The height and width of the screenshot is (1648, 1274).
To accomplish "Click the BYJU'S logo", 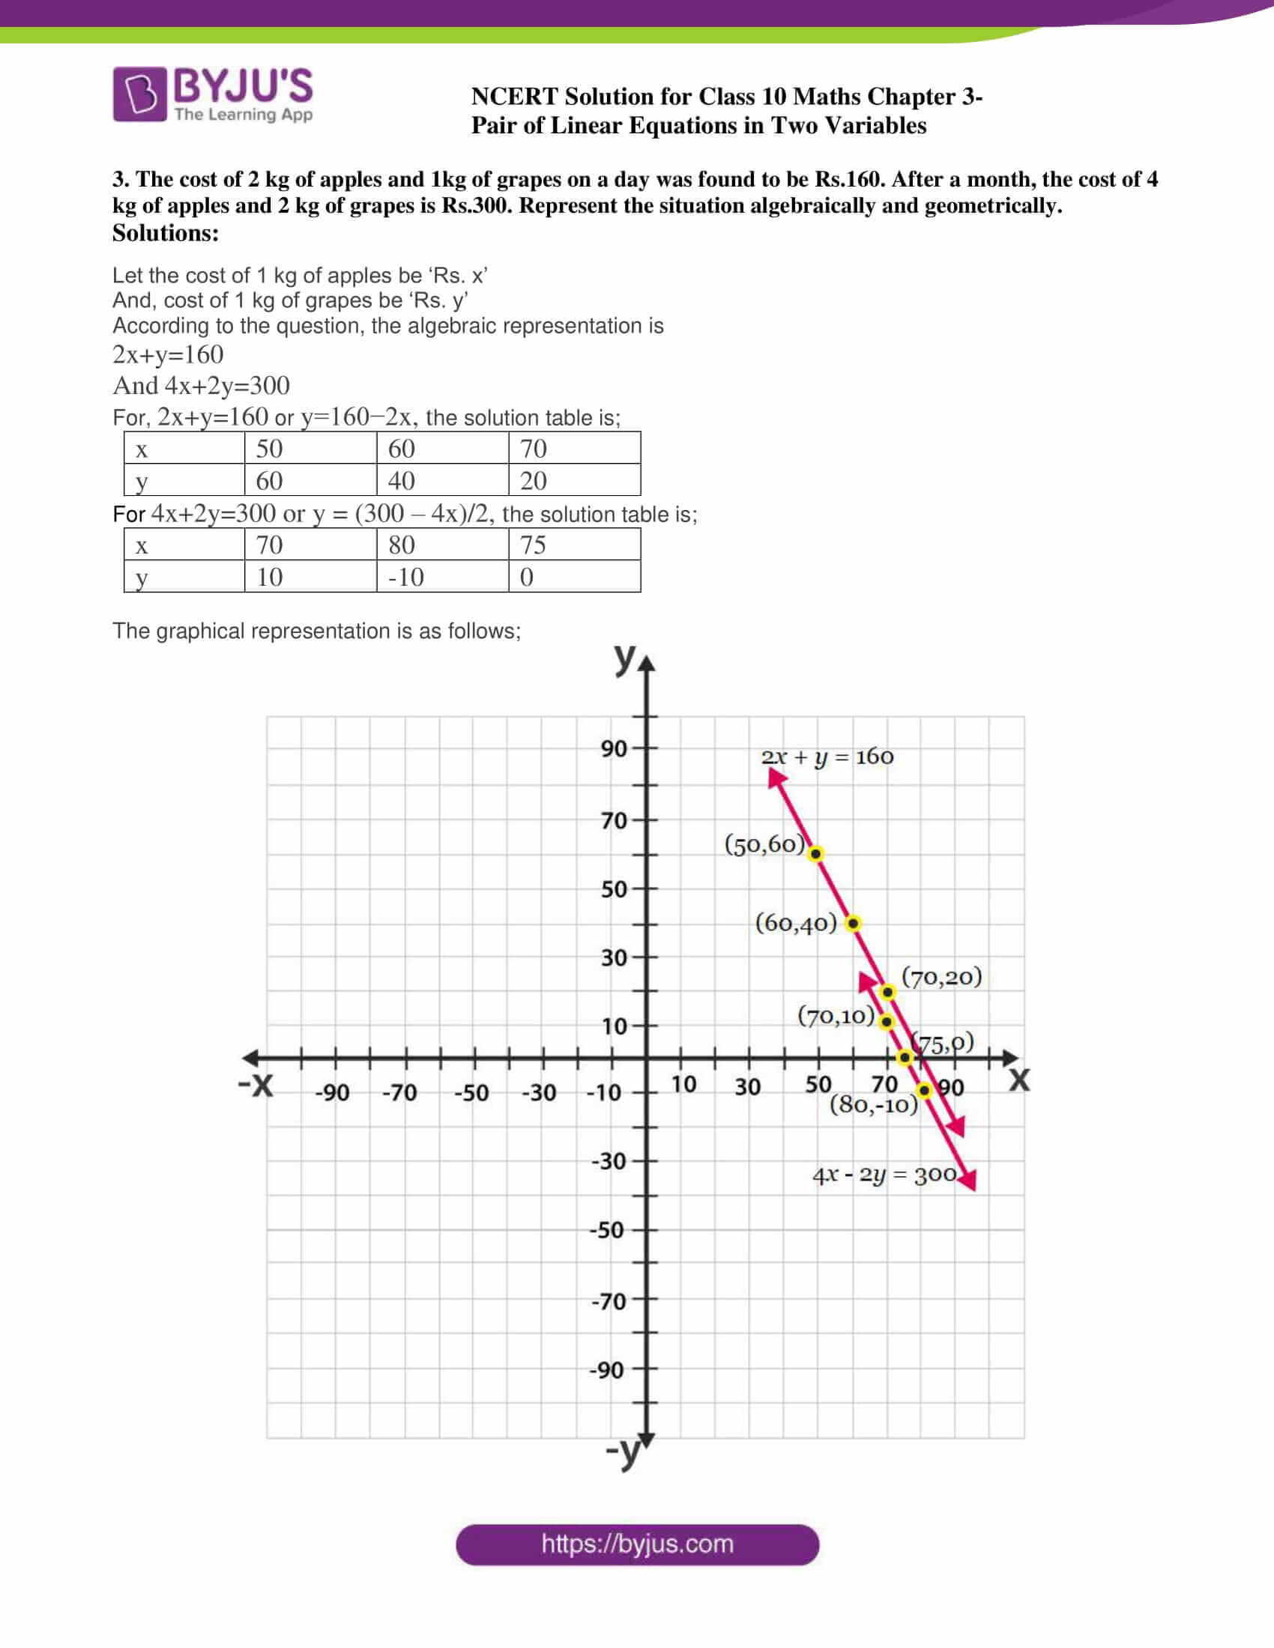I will pyautogui.click(x=213, y=94).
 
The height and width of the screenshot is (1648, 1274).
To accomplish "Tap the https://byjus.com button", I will pyautogui.click(x=637, y=1544).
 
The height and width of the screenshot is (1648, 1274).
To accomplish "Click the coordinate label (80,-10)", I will pyautogui.click(x=873, y=1105).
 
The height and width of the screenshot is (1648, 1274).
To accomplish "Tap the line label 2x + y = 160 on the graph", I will pyautogui.click(x=827, y=756).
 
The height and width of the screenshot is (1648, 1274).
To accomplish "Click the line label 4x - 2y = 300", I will pyautogui.click(x=884, y=1175).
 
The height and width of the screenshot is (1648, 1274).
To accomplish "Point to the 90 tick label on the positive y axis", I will pyautogui.click(x=614, y=748).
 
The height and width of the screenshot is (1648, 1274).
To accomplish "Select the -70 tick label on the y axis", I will pyautogui.click(x=609, y=1301).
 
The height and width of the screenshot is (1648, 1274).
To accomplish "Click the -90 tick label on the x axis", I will pyautogui.click(x=332, y=1093).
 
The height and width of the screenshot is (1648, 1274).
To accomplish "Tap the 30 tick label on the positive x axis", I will pyautogui.click(x=747, y=1088).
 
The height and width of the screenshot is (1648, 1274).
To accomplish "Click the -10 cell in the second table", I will pyautogui.click(x=441, y=577).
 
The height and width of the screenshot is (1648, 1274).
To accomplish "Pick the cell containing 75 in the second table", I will pyautogui.click(x=573, y=545).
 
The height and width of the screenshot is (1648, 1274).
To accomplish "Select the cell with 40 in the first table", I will pyautogui.click(x=441, y=481).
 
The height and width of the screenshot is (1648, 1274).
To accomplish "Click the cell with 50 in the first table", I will pyautogui.click(x=310, y=449).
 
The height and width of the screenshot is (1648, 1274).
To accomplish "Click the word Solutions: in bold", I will pyautogui.click(x=166, y=233).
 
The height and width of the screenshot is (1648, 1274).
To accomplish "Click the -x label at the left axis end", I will pyautogui.click(x=255, y=1085).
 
